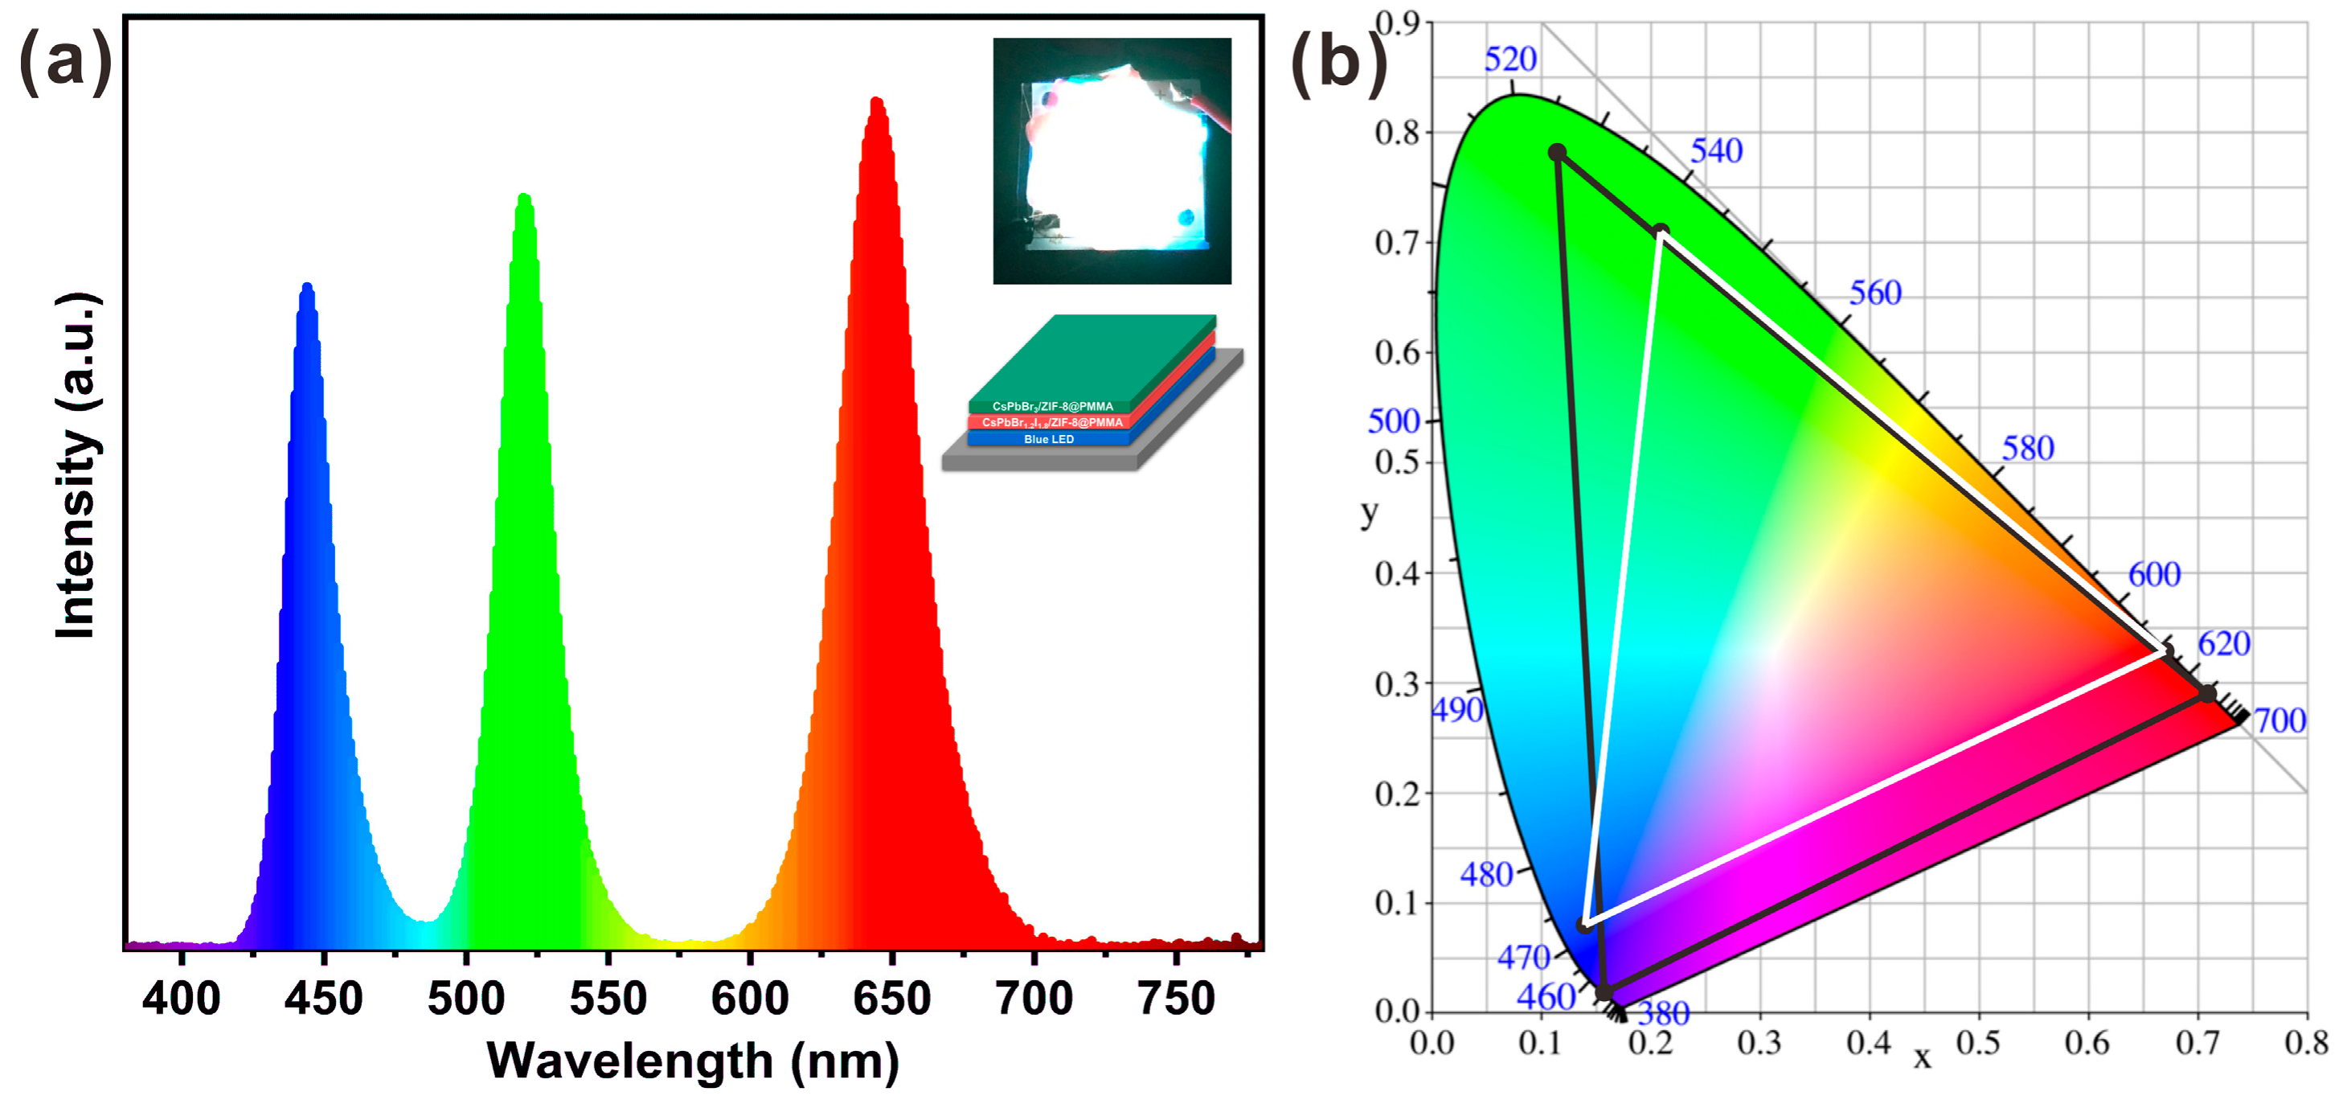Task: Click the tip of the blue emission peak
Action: [307, 287]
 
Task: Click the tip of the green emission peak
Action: [524, 198]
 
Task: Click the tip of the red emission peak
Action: [875, 101]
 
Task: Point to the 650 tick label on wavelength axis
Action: [891, 998]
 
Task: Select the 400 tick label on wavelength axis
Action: [182, 998]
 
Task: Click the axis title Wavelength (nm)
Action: [692, 1061]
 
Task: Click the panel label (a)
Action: [63, 62]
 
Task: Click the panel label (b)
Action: [1337, 62]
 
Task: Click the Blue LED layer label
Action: [1049, 439]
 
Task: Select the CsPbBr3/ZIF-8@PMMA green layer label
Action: [1052, 406]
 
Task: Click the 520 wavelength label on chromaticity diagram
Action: [1509, 60]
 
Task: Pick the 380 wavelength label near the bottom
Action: [1664, 1013]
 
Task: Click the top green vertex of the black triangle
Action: [1557, 152]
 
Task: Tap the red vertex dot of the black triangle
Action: [2206, 695]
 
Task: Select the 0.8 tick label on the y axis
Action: [1398, 133]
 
